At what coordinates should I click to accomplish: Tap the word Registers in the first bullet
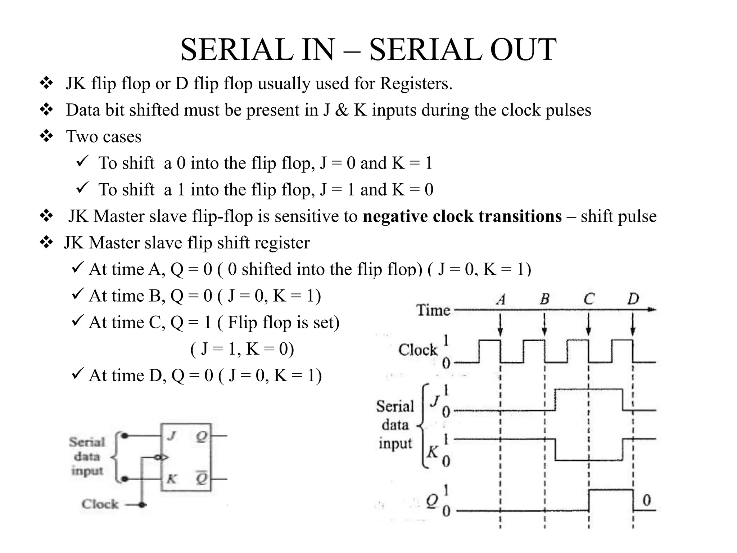(416, 83)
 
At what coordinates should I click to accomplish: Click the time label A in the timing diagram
(501, 299)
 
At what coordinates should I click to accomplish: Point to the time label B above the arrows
(545, 299)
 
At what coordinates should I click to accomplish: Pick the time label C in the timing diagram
(589, 299)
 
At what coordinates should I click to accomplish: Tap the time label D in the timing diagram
(633, 299)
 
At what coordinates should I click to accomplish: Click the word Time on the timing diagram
(433, 310)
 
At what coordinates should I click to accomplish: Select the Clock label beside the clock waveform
(418, 350)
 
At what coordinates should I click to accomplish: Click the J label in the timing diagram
(435, 401)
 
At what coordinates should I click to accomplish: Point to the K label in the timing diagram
(433, 452)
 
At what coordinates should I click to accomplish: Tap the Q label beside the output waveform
(432, 500)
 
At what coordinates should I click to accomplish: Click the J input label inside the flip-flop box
(171, 436)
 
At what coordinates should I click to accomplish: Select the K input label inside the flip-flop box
(172, 479)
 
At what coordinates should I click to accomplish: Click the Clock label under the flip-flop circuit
(100, 504)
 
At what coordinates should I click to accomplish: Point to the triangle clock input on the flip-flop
(164, 458)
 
